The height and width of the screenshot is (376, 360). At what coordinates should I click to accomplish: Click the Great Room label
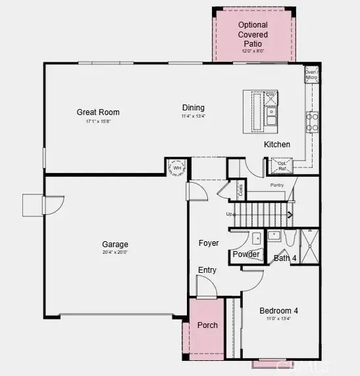pyautogui.click(x=98, y=112)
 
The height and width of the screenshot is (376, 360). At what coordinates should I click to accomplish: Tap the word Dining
pyautogui.click(x=193, y=108)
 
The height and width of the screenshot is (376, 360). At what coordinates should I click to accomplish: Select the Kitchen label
pyautogui.click(x=277, y=145)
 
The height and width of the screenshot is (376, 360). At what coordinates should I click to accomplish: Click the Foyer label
pyautogui.click(x=209, y=243)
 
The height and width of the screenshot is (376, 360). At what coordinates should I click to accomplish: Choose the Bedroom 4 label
pyautogui.click(x=278, y=311)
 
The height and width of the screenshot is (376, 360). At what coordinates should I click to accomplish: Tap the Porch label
pyautogui.click(x=207, y=325)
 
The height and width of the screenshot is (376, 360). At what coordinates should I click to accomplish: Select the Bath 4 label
pyautogui.click(x=285, y=258)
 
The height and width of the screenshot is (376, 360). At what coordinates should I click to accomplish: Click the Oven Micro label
pyautogui.click(x=311, y=75)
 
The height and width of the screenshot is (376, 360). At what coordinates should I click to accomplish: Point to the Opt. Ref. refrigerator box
pyautogui.click(x=282, y=167)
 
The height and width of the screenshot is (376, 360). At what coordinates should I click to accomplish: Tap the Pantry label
pyautogui.click(x=276, y=186)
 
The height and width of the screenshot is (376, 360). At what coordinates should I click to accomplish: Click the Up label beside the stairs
pyautogui.click(x=229, y=214)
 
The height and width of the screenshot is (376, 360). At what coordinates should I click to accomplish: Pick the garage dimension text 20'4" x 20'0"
pyautogui.click(x=115, y=252)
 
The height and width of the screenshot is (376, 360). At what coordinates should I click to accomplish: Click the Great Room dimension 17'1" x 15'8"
pyautogui.click(x=98, y=122)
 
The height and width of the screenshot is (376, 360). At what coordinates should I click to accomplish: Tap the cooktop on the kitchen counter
pyautogui.click(x=312, y=122)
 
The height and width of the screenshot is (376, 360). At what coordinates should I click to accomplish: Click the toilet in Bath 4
pyautogui.click(x=290, y=238)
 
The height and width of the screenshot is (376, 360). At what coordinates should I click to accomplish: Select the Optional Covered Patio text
pyautogui.click(x=253, y=34)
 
